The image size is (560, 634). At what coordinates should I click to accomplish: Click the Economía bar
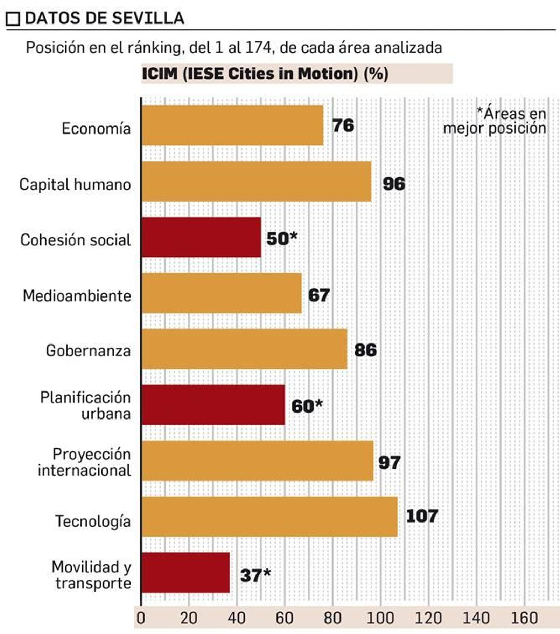(x=232, y=125)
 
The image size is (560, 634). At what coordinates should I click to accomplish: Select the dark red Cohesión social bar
(x=201, y=237)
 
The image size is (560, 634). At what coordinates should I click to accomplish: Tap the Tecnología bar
(x=269, y=517)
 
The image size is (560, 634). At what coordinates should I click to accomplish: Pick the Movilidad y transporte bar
(x=185, y=573)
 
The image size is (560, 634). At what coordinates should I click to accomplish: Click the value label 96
(x=394, y=184)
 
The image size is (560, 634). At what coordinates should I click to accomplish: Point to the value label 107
(x=422, y=516)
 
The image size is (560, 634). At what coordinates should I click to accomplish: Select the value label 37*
(x=255, y=575)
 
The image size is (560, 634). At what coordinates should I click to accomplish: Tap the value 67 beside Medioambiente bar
(x=318, y=295)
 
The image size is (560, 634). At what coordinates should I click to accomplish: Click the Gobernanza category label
(x=88, y=350)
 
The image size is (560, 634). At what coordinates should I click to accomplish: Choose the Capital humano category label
(x=75, y=184)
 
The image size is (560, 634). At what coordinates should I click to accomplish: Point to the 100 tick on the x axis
(x=380, y=618)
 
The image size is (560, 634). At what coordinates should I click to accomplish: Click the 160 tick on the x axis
(x=524, y=618)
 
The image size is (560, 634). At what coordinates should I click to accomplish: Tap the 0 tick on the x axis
(x=141, y=618)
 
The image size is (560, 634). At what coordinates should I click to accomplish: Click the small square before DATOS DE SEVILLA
(x=13, y=19)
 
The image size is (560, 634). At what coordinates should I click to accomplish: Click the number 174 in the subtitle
(x=258, y=47)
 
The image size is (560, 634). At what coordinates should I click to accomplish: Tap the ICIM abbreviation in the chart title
(x=160, y=74)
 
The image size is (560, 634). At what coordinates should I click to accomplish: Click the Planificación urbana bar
(x=213, y=405)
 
